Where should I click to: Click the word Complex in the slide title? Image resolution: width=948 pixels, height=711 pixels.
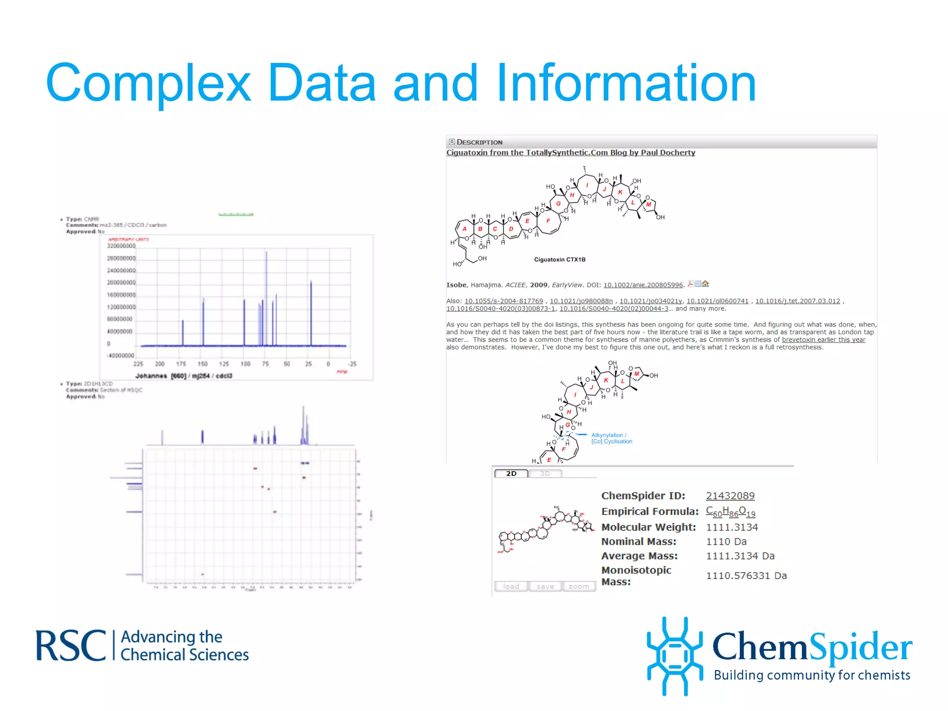click(x=148, y=83)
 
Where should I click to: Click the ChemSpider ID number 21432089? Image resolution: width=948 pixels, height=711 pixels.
click(x=730, y=496)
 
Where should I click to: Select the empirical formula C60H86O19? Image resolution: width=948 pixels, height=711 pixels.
click(x=730, y=511)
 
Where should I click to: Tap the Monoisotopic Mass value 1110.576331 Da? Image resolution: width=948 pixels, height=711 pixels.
click(x=746, y=575)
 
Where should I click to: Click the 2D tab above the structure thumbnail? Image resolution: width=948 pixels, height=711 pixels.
click(x=511, y=474)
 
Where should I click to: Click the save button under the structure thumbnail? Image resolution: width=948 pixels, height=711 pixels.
click(x=545, y=586)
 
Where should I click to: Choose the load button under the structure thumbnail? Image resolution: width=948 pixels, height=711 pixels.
click(x=511, y=586)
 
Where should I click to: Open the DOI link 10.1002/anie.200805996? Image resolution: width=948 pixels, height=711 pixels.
click(x=643, y=285)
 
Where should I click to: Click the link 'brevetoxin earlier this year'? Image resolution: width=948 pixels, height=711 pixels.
click(x=823, y=340)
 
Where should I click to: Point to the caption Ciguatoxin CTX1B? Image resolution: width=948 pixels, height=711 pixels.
click(x=560, y=260)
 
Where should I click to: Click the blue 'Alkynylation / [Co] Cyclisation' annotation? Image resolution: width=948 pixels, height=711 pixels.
click(x=611, y=438)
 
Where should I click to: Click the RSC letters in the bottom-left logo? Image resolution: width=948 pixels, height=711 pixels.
click(x=71, y=646)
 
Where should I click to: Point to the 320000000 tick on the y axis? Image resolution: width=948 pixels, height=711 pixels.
click(x=121, y=246)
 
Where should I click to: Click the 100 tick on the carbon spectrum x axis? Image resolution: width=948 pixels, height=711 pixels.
click(x=245, y=364)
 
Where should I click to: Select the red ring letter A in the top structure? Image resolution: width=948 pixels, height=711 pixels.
click(x=464, y=229)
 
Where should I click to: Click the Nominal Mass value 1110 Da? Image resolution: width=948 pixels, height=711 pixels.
click(x=726, y=542)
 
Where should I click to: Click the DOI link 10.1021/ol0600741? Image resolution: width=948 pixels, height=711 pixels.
click(x=717, y=301)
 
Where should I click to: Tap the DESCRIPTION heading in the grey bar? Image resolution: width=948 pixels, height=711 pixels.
click(x=479, y=142)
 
